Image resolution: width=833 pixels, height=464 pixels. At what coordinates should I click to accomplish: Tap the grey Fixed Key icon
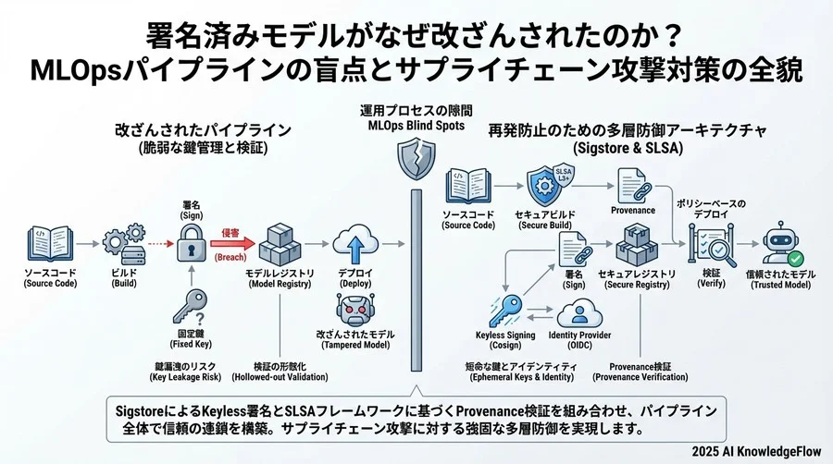[x=192, y=307]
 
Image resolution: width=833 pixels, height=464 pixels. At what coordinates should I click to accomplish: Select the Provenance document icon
[x=633, y=184]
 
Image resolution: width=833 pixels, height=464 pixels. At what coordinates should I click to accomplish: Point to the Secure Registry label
[x=636, y=280]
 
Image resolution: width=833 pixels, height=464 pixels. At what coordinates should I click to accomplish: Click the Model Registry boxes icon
[x=278, y=246]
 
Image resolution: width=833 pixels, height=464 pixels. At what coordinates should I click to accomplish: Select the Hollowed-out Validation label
[x=280, y=372]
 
